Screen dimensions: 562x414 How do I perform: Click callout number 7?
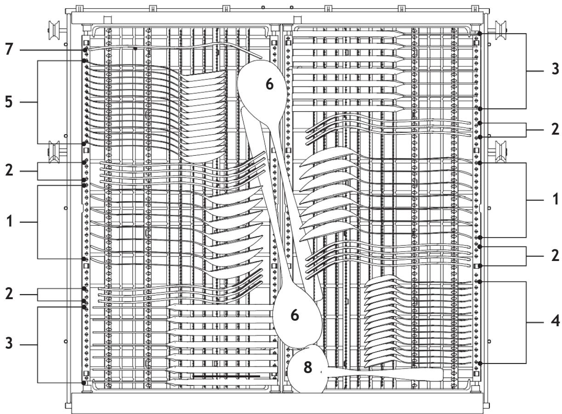click(x=9, y=49)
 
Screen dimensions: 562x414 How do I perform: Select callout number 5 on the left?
click(x=9, y=102)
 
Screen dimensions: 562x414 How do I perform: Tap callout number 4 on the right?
click(x=555, y=320)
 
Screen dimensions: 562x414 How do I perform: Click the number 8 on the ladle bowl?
click(x=307, y=367)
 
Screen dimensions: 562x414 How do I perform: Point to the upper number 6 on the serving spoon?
click(x=269, y=84)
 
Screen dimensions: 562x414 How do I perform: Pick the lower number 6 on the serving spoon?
click(x=295, y=315)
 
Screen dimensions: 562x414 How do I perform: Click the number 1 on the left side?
click(x=10, y=222)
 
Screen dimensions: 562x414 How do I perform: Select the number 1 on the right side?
click(x=555, y=199)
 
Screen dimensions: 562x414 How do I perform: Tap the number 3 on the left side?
click(x=9, y=343)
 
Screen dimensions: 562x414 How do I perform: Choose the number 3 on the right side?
click(x=555, y=69)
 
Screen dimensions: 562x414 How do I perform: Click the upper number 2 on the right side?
click(x=555, y=130)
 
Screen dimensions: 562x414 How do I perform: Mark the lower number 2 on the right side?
click(x=555, y=255)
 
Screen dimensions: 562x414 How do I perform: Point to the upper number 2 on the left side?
click(x=9, y=170)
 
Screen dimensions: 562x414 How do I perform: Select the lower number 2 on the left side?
click(x=9, y=294)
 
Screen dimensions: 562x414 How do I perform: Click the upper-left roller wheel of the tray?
click(x=54, y=30)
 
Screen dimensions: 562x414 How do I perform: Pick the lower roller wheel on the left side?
click(x=54, y=152)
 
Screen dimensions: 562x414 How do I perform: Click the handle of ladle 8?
click(x=384, y=374)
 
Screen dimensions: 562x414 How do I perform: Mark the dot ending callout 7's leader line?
click(x=85, y=50)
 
